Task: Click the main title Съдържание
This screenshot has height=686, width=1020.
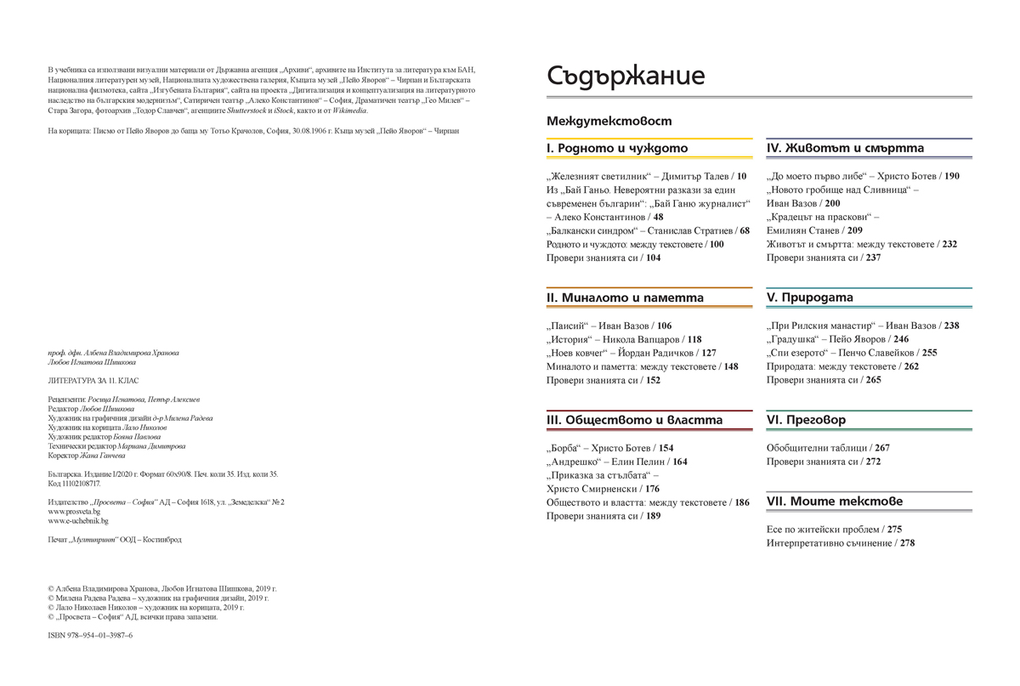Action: [626, 76]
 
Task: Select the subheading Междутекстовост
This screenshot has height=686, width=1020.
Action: [609, 122]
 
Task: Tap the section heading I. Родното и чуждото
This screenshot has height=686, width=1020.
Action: [617, 148]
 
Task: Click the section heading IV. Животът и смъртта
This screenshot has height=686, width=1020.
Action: [845, 148]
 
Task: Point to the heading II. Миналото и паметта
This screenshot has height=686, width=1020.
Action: [625, 298]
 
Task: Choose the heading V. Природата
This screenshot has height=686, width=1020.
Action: [809, 298]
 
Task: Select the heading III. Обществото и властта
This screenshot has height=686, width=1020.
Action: [634, 420]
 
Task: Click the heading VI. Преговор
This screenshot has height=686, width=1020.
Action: [806, 420]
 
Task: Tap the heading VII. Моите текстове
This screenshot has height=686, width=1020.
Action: [834, 502]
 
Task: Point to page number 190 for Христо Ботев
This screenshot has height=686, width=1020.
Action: [951, 176]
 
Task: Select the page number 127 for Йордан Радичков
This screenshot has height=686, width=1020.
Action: [709, 353]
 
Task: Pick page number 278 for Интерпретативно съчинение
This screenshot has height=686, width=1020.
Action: [907, 542]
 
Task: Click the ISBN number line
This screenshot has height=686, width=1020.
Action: [90, 635]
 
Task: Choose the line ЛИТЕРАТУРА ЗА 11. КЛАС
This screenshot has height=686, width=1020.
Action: [93, 380]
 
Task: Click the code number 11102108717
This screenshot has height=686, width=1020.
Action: [80, 483]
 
